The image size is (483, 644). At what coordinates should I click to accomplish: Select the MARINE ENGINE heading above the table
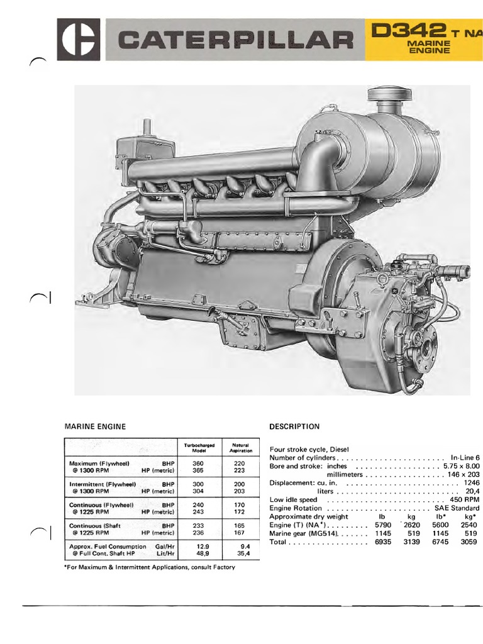coord(95,426)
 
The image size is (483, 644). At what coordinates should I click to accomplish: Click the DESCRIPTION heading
coord(294,426)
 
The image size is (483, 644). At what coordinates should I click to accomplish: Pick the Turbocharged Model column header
coord(199,448)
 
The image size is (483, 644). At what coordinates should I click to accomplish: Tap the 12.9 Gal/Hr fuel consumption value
coord(199,530)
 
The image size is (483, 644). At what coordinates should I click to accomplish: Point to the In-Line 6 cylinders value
coord(465,458)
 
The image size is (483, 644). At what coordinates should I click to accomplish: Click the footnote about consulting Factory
coord(150,567)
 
